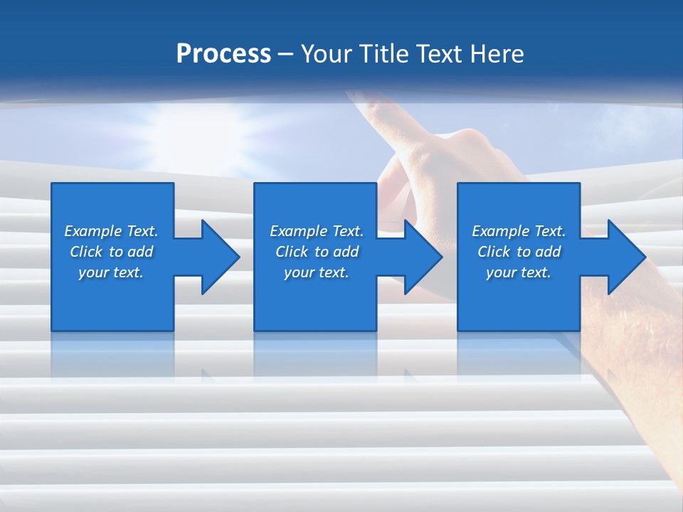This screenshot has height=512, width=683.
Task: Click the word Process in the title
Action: (223, 53)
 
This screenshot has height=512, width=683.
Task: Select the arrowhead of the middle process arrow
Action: (423, 257)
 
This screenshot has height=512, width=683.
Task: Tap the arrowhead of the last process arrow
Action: (627, 257)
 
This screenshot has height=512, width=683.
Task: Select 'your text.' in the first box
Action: (111, 272)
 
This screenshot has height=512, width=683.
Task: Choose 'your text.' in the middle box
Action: (317, 272)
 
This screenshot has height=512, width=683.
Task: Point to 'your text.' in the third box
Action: (519, 272)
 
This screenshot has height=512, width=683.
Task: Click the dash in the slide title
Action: (286, 54)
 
